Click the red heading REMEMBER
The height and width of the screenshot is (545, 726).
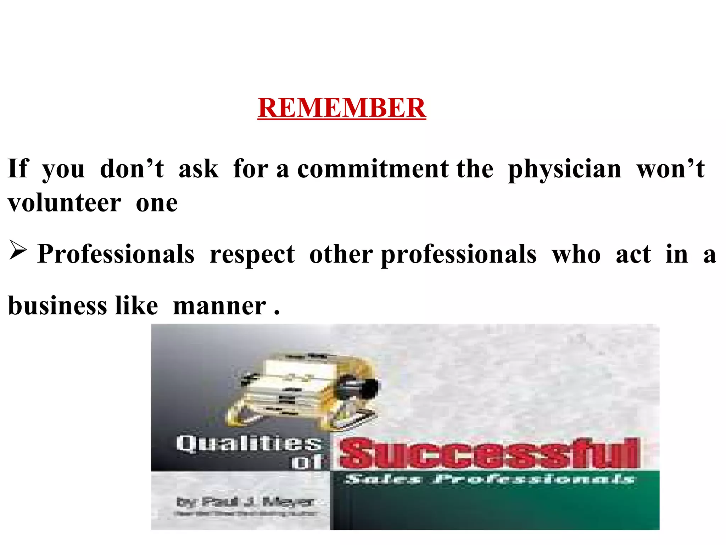click(342, 108)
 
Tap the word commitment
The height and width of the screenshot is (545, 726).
click(373, 169)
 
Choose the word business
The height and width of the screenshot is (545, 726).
click(57, 306)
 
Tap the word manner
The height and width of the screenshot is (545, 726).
click(219, 306)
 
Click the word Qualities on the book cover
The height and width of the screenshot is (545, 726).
click(248, 444)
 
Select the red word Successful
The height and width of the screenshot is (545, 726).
click(489, 453)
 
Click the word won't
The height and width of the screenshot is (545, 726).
click(671, 169)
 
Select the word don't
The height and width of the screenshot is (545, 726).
click(132, 169)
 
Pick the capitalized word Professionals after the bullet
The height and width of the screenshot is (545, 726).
click(116, 254)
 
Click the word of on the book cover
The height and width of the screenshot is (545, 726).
click(306, 462)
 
